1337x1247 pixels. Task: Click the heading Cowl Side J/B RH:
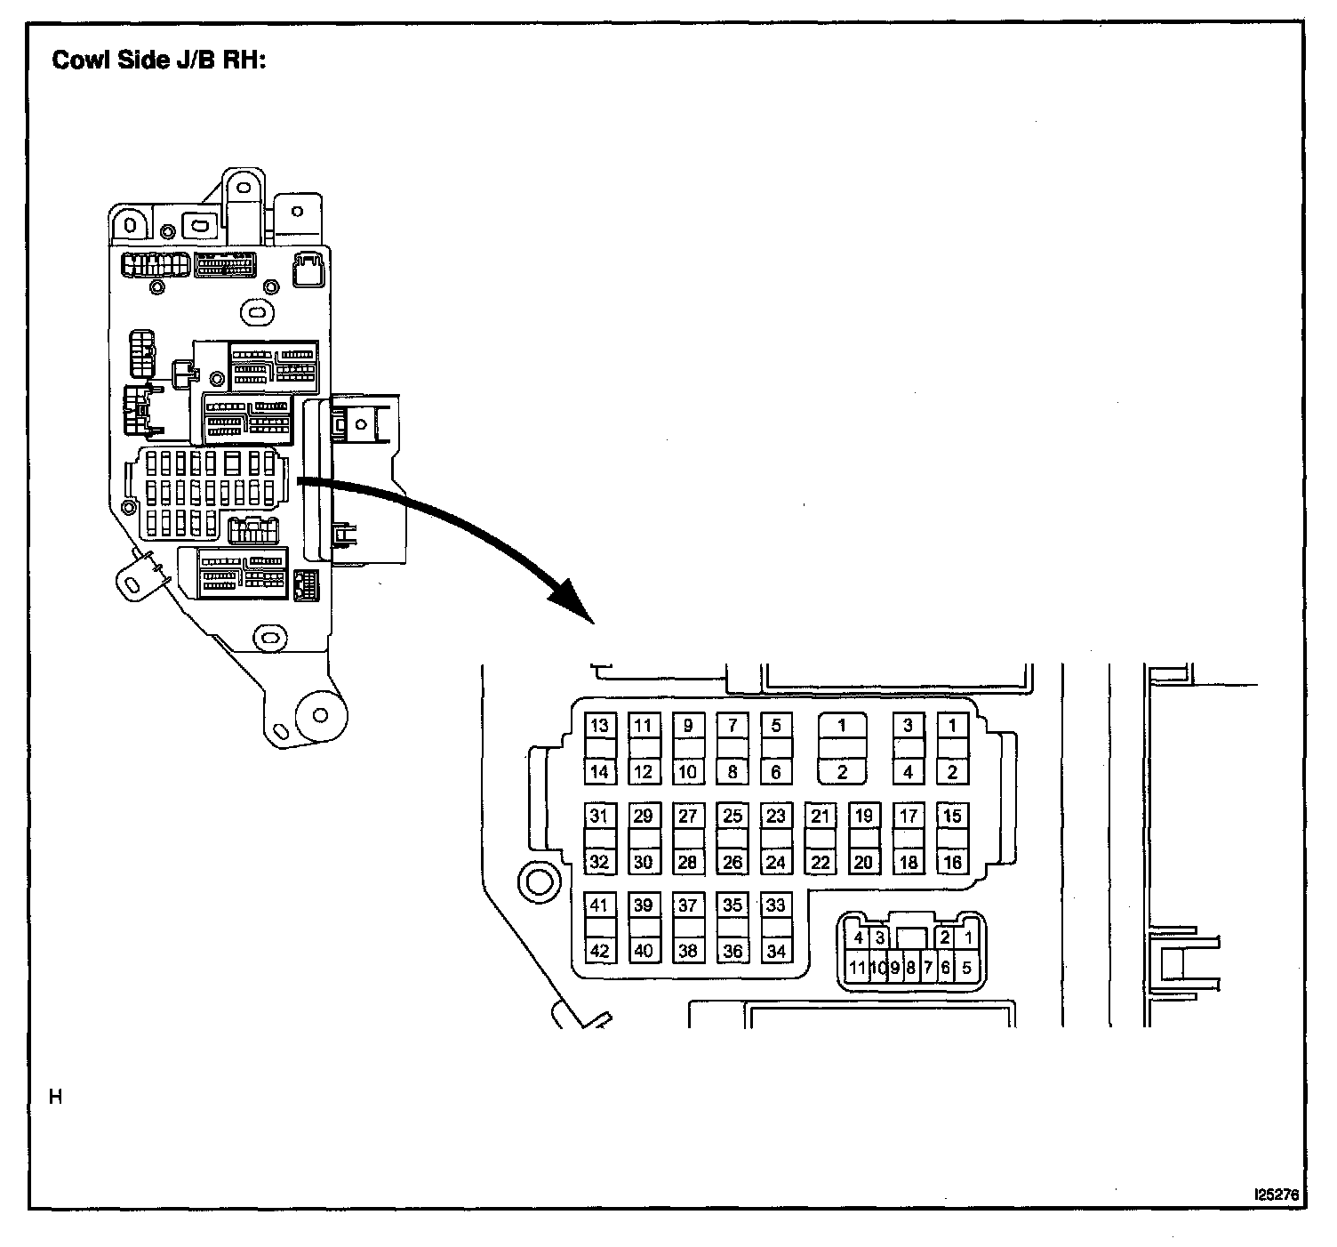coord(159,61)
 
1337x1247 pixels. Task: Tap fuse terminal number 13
coord(599,725)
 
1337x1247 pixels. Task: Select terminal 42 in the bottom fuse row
coord(599,951)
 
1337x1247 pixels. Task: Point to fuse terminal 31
coord(599,816)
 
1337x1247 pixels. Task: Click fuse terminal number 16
coord(952,862)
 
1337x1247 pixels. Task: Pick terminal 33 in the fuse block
coord(776,905)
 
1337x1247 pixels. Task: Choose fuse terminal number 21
coord(820,816)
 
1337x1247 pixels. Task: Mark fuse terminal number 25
coord(732,816)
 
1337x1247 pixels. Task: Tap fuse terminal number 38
coord(687,951)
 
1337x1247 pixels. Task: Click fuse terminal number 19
coord(863,816)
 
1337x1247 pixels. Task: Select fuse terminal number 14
coord(599,771)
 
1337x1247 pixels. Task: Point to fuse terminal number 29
coord(643,816)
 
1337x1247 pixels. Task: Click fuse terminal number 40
coord(643,951)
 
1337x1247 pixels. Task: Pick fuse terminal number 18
coord(908,862)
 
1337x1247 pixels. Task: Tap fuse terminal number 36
coord(732,951)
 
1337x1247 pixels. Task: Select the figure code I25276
coord(1275,1195)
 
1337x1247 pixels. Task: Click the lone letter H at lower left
coord(56,1098)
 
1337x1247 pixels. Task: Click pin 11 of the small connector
coord(857,968)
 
